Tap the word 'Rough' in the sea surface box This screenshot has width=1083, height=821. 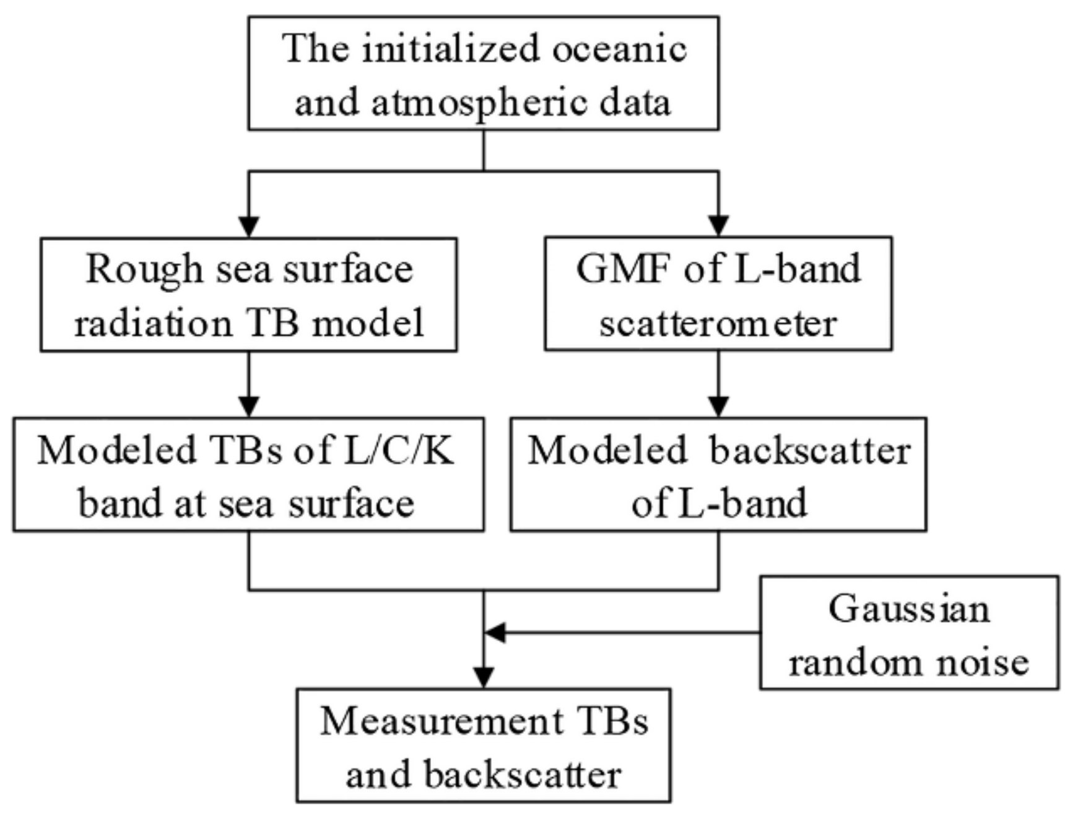click(144, 270)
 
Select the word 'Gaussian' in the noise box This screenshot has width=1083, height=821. click(908, 609)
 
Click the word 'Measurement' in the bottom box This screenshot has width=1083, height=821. click(441, 721)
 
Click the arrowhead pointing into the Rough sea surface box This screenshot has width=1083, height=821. click(249, 226)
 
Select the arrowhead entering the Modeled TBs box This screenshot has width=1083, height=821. click(249, 406)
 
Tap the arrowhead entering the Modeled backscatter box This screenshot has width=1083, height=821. click(718, 406)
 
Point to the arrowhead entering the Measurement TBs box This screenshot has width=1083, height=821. click(484, 677)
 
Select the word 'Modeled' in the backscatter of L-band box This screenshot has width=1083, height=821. click(607, 450)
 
